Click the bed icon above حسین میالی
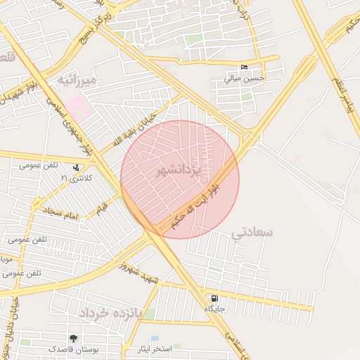244,67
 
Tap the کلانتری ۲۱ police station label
75,177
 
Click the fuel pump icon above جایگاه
214,299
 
